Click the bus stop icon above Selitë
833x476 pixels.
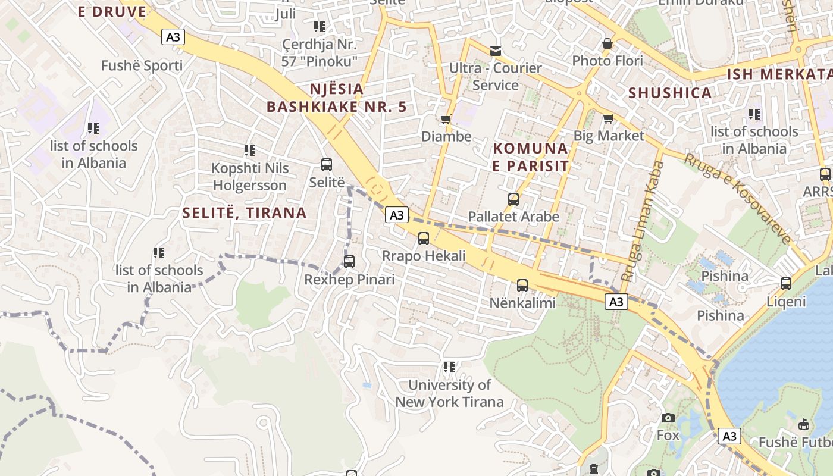click(x=326, y=165)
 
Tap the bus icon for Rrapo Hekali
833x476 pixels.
click(x=423, y=239)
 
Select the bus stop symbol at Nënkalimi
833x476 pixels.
click(x=522, y=286)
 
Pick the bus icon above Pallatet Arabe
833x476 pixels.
click(x=513, y=199)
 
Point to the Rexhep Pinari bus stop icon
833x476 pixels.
click(x=349, y=262)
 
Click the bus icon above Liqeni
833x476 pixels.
click(x=785, y=284)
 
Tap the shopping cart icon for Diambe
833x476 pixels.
click(x=446, y=120)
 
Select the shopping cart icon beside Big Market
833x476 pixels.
click(x=608, y=119)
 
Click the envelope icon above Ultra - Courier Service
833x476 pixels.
click(x=495, y=51)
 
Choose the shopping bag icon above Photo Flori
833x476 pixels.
click(x=607, y=43)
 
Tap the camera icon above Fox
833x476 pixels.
click(x=668, y=418)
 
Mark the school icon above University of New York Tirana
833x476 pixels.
click(x=449, y=367)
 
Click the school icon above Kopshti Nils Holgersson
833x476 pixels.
click(x=250, y=151)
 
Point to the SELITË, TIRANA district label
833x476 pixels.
click(x=245, y=213)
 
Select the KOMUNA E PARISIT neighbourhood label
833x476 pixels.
click(x=531, y=156)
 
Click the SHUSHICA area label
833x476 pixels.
click(x=670, y=93)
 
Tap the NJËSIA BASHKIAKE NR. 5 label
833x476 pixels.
click(x=337, y=98)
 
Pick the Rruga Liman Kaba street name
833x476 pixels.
click(x=642, y=221)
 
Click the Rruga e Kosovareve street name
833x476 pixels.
click(x=738, y=198)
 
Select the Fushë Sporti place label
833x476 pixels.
click(x=142, y=65)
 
